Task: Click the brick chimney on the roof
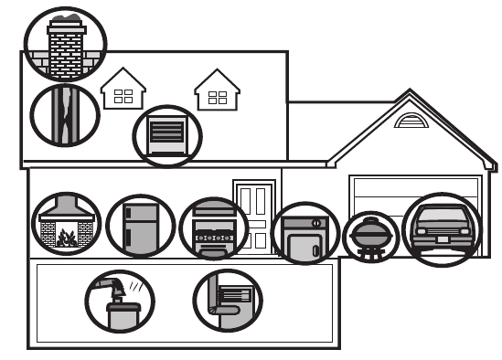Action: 65,50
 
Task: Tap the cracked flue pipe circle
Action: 64,114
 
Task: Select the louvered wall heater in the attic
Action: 167,136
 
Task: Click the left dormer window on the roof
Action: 123,91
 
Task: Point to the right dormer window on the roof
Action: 218,93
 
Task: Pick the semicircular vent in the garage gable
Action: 411,121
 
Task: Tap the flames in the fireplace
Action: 66,239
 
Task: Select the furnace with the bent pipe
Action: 228,300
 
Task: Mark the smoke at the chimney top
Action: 65,18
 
